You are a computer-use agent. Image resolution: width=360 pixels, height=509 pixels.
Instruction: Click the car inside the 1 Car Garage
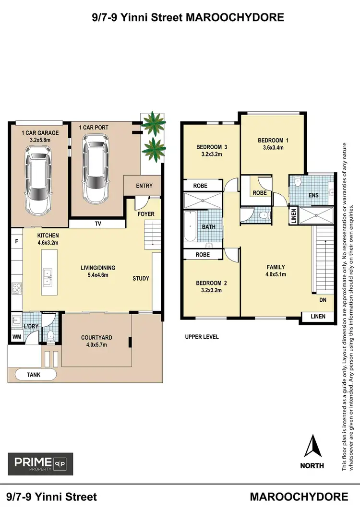pyautogui.click(x=38, y=179)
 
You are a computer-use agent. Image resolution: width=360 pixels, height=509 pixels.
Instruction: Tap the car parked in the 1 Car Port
pyautogui.click(x=96, y=167)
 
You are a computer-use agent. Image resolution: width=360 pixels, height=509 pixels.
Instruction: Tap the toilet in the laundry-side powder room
pyautogui.click(x=49, y=334)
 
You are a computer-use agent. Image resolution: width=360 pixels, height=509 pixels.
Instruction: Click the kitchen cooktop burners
pyautogui.click(x=16, y=288)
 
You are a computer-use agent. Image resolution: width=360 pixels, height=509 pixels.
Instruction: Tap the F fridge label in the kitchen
pyautogui.click(x=16, y=242)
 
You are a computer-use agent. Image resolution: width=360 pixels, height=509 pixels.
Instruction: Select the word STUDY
pyautogui.click(x=141, y=278)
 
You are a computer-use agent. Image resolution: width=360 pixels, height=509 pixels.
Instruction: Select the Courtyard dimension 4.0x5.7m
pyautogui.click(x=96, y=345)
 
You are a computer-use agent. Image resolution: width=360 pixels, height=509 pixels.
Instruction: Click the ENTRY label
pyautogui.click(x=144, y=186)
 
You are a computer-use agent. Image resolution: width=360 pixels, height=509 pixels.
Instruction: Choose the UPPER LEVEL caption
pyautogui.click(x=202, y=337)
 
